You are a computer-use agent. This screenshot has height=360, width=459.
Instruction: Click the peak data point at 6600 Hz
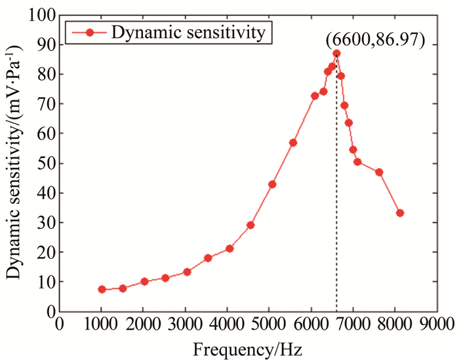click(x=336, y=53)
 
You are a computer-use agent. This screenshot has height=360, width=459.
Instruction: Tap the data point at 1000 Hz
click(x=102, y=289)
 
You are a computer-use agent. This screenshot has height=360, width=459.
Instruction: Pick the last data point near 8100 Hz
click(x=400, y=213)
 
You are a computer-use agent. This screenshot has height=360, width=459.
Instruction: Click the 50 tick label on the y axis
click(x=47, y=163)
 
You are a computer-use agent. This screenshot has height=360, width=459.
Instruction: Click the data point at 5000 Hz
click(x=272, y=184)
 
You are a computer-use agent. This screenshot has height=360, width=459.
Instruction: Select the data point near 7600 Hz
click(x=379, y=172)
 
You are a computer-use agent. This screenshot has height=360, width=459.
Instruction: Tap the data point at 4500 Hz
click(x=250, y=225)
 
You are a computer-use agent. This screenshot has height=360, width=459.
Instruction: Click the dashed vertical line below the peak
click(x=336, y=197)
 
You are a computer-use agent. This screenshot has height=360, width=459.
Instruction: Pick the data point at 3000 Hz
click(x=187, y=271)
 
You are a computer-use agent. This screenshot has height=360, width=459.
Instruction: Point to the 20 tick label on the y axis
click(x=47, y=252)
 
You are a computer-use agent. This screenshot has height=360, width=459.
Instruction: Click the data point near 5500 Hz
click(x=293, y=142)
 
